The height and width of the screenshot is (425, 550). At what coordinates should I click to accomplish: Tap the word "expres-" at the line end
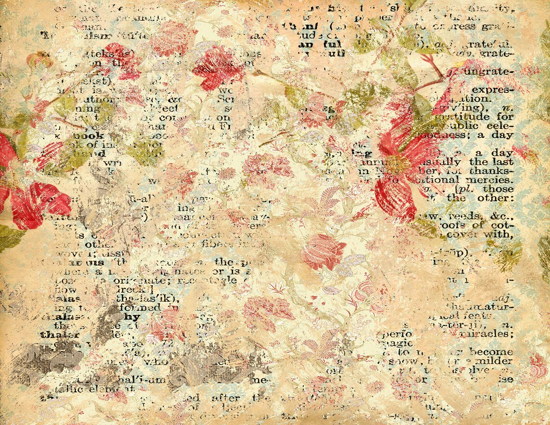click(492, 90)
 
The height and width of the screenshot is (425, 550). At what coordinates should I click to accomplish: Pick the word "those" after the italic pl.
click(499, 189)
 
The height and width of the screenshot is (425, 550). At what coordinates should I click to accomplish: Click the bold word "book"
click(88, 136)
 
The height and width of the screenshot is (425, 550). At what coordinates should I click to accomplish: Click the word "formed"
click(143, 307)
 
